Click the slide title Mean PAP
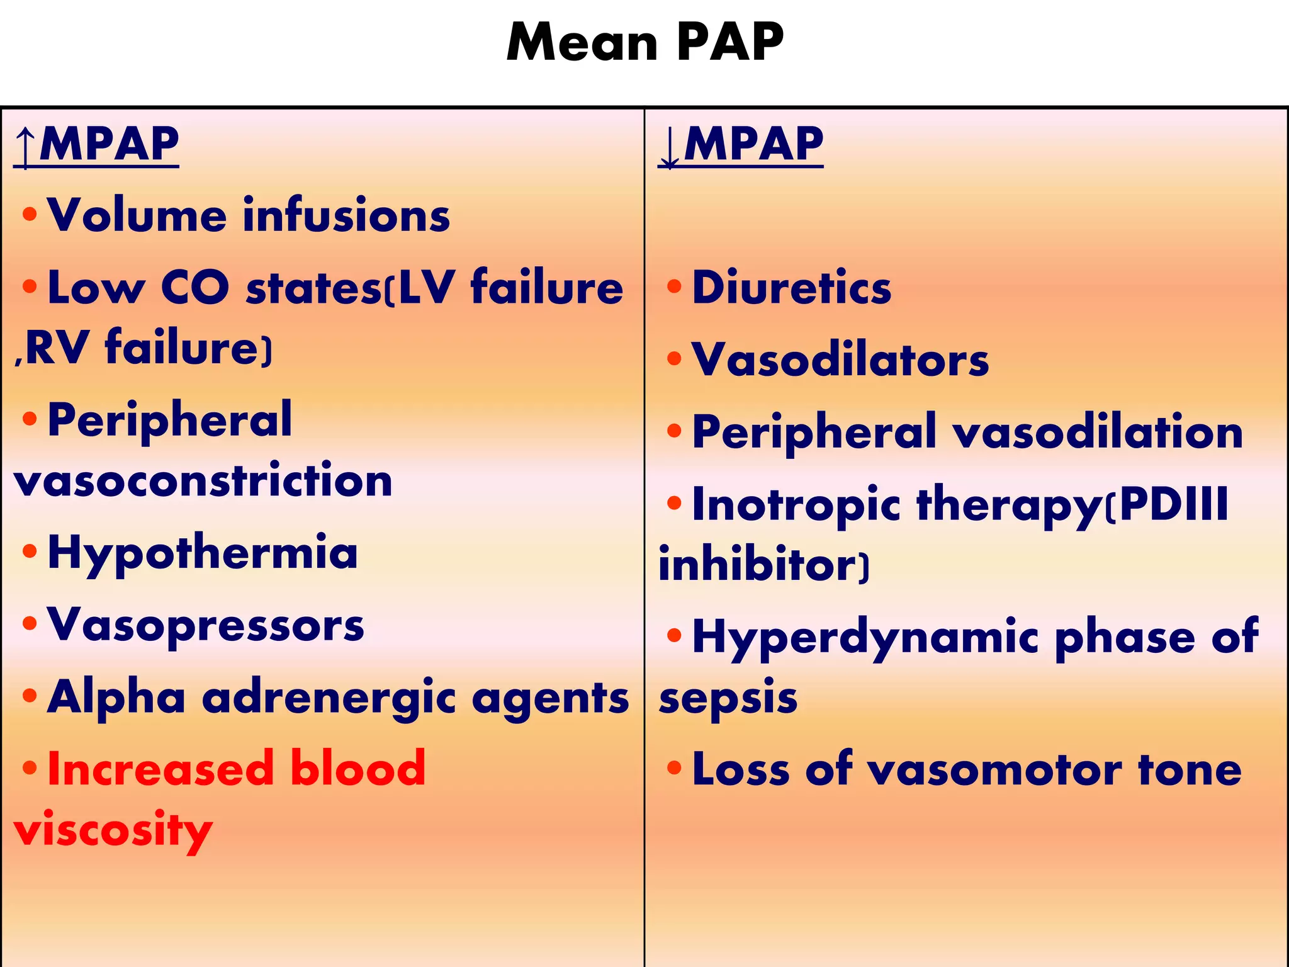(x=644, y=43)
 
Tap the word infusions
(x=346, y=215)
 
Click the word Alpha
(x=116, y=698)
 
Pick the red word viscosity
(x=113, y=830)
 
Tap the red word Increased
(x=160, y=769)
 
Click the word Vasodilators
(x=840, y=360)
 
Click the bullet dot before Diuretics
(x=674, y=286)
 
